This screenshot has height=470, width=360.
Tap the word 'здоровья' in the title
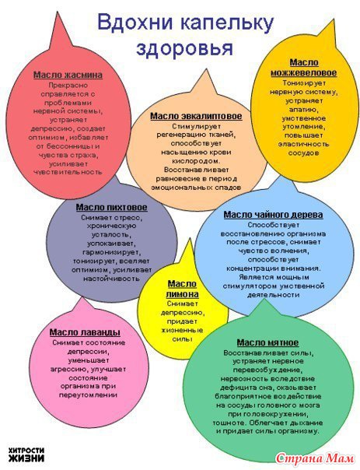(x=185, y=48)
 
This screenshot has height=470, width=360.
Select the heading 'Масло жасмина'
(x=68, y=75)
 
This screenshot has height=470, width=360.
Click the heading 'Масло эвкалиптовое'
(x=196, y=116)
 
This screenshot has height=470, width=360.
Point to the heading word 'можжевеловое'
(x=304, y=73)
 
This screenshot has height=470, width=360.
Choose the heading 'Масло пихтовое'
(x=112, y=208)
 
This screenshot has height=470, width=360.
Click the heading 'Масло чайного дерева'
(x=273, y=215)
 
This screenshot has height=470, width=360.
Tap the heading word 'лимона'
(x=183, y=294)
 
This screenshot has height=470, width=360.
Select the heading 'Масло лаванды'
(x=85, y=332)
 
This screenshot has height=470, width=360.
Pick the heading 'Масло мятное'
(x=267, y=342)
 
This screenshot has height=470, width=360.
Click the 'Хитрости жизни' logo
(x=26, y=454)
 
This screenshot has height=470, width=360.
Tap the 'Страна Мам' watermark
(x=314, y=458)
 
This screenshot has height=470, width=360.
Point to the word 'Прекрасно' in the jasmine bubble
(x=68, y=86)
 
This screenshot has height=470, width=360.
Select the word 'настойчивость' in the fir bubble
(x=111, y=279)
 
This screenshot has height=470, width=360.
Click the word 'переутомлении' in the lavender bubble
(x=88, y=395)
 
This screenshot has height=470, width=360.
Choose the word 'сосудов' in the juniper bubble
(x=303, y=153)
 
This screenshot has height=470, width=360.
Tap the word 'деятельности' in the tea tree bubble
(x=274, y=295)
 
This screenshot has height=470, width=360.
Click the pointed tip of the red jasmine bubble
(x=58, y=12)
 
